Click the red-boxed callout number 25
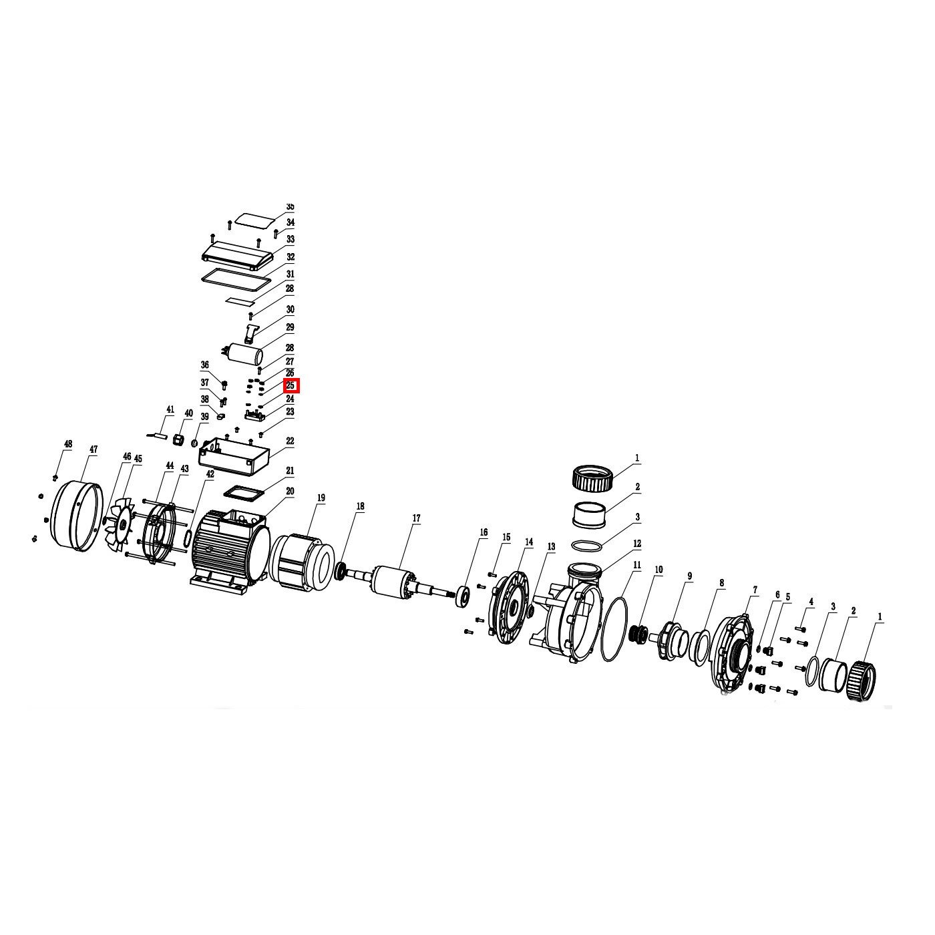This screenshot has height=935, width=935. pos(290,386)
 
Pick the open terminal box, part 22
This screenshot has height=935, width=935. pos(233,456)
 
